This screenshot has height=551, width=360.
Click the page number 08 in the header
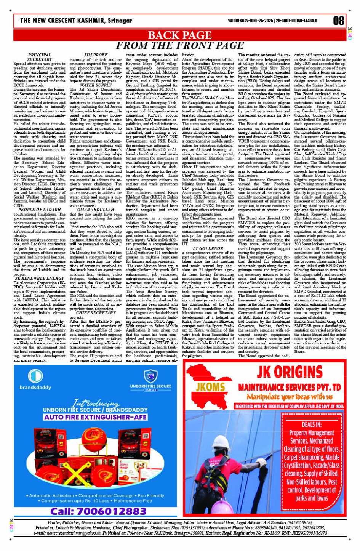(x=338, y=21)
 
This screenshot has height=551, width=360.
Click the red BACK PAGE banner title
(x=179, y=35)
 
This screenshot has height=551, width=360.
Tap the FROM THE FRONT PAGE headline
(x=179, y=46)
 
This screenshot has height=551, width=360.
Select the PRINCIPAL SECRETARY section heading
(x=39, y=57)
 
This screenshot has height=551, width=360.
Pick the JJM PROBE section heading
(x=95, y=55)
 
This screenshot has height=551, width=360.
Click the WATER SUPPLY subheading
(x=96, y=85)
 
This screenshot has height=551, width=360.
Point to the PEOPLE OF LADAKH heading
(x=39, y=210)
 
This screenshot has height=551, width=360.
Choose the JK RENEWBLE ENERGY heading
(x=39, y=279)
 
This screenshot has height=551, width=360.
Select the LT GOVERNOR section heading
(x=208, y=248)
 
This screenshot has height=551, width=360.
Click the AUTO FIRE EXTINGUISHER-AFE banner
(x=101, y=417)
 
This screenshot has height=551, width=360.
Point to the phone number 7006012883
(x=98, y=511)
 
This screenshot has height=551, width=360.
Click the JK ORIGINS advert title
(x=290, y=372)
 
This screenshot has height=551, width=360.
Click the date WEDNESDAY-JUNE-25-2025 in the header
(x=250, y=21)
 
